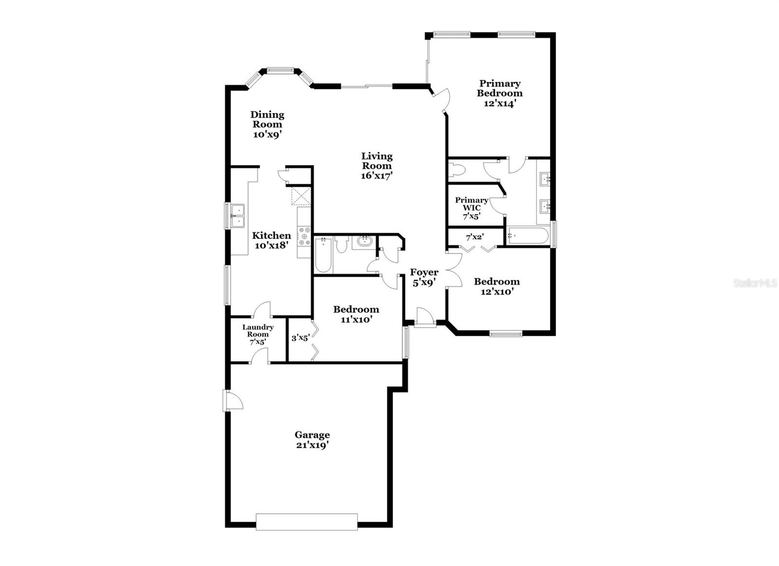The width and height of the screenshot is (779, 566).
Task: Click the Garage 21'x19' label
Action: [312, 440]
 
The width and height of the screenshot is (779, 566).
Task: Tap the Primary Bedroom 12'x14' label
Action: [500, 93]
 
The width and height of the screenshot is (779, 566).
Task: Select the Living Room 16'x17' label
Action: [377, 165]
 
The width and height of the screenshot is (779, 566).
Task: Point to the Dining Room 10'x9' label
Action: [267, 124]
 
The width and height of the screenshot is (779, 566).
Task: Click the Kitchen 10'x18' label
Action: [271, 240]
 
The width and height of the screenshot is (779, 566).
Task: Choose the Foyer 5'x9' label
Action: [424, 277]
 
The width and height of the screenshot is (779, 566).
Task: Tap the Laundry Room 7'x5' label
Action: [258, 334]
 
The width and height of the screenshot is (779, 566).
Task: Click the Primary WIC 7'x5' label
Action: [471, 208]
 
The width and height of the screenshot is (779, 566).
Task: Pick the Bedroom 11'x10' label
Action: [356, 314]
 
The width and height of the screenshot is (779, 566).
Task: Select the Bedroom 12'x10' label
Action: [497, 286]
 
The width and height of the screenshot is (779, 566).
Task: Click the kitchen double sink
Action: [238, 216]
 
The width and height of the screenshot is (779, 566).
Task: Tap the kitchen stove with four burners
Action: [304, 237]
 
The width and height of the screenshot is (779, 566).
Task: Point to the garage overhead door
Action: [307, 521]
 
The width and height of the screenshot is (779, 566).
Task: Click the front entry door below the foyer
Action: [425, 317]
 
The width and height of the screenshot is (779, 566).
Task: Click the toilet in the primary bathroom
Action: [458, 170]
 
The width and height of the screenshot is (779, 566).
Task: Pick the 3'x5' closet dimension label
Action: [300, 337]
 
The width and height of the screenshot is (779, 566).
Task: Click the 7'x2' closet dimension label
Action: [475, 237]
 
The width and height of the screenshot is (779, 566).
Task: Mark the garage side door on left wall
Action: [232, 400]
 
